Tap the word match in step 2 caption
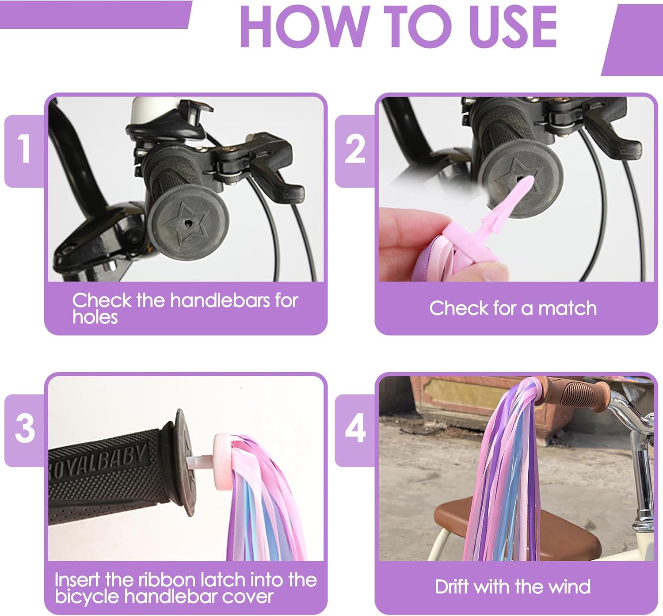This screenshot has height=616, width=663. (x=568, y=308)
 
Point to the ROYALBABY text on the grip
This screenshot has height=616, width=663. (x=98, y=461)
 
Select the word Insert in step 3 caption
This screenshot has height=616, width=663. (x=78, y=580)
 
